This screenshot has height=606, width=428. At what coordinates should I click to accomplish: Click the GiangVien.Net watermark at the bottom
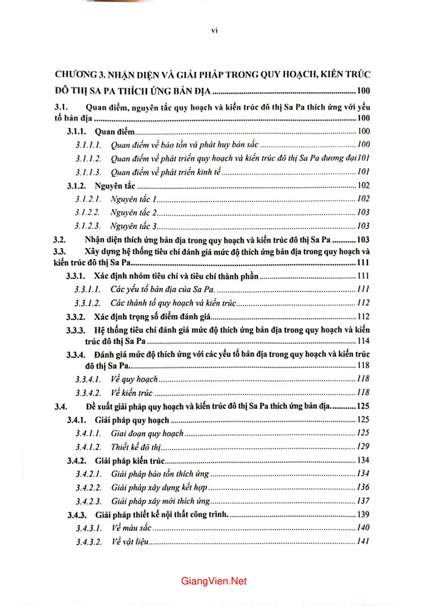214,581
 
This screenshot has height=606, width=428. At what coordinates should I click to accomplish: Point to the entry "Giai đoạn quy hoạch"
148,433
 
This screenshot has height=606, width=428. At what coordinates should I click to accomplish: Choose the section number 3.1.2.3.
88,225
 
